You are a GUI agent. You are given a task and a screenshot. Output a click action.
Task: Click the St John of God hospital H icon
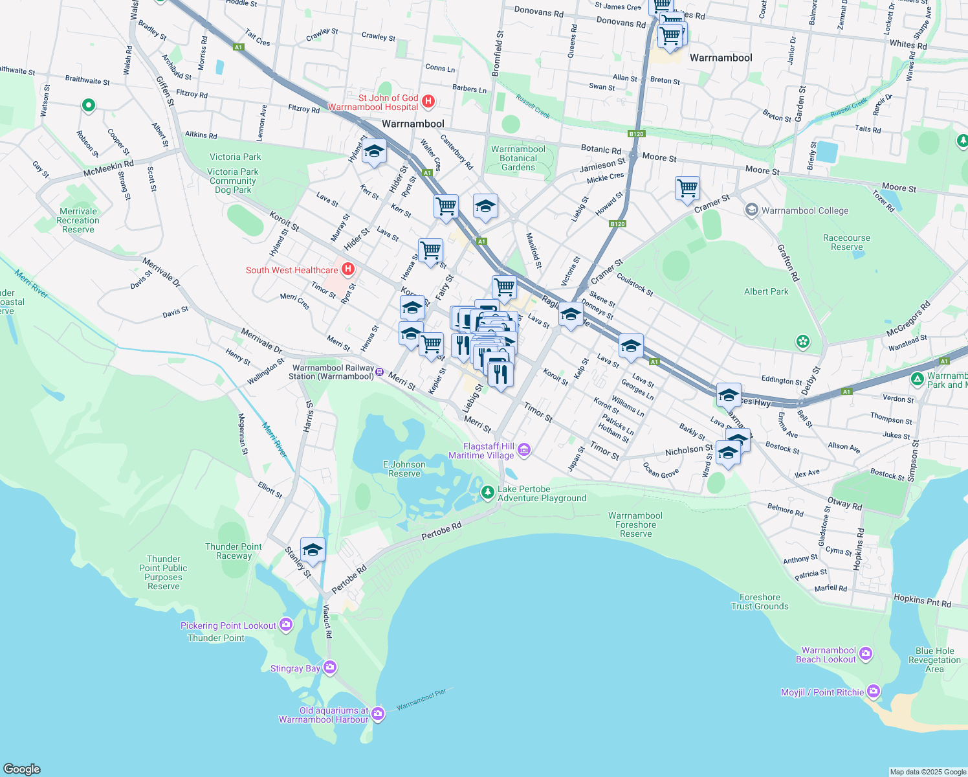click(x=428, y=101)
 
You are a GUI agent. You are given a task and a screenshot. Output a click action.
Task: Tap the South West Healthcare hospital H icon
click(x=348, y=269)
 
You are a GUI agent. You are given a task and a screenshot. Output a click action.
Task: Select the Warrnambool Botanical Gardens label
click(x=518, y=158)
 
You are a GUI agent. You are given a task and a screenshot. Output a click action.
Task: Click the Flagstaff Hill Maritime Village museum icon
click(x=524, y=450)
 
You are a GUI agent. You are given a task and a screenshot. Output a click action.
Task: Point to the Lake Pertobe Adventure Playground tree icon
click(x=487, y=493)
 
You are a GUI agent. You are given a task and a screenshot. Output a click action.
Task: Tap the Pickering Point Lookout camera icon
click(x=286, y=625)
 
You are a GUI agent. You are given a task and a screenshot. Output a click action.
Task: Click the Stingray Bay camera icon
click(x=330, y=667)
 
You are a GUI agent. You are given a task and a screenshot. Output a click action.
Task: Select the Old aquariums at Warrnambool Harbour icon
click(x=378, y=714)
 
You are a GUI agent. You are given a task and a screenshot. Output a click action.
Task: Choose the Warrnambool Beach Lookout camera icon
click(x=866, y=654)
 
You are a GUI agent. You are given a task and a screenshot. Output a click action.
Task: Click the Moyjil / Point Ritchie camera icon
click(x=874, y=692)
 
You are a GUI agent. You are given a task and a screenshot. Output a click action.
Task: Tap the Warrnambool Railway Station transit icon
click(x=380, y=372)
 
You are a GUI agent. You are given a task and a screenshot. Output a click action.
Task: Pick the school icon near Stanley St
click(x=313, y=550)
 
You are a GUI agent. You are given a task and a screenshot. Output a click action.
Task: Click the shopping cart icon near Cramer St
click(x=687, y=188)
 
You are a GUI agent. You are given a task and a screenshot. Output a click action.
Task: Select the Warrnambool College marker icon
click(x=751, y=210)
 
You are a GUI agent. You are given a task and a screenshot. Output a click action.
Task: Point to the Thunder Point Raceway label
click(x=234, y=551)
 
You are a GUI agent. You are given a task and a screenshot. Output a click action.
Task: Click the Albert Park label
click(x=766, y=291)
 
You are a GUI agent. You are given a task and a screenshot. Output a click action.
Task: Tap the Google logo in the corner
click(x=22, y=769)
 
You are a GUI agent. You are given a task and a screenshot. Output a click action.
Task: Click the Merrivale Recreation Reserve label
click(x=78, y=220)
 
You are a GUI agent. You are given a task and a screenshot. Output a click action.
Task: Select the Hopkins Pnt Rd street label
click(x=922, y=600)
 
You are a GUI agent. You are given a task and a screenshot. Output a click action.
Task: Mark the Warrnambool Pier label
click(x=421, y=699)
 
